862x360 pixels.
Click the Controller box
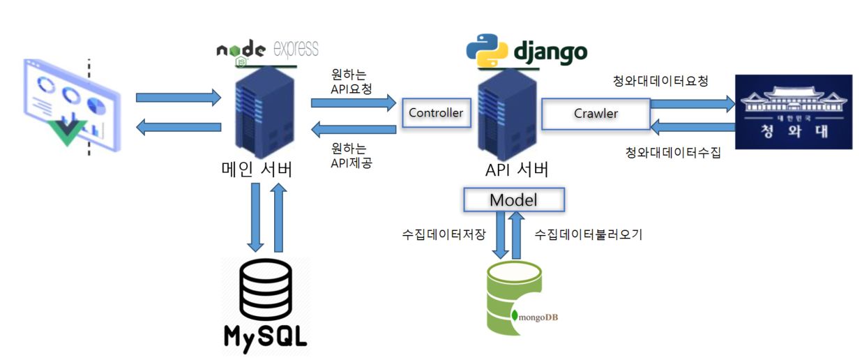point(435,113)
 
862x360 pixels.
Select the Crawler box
point(596,113)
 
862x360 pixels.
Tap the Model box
point(513,200)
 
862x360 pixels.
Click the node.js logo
point(241,51)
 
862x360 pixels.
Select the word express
point(296,49)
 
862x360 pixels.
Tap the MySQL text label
point(265,335)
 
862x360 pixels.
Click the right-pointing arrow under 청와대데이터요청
point(692,104)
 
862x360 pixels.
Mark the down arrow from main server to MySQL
point(256,217)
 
